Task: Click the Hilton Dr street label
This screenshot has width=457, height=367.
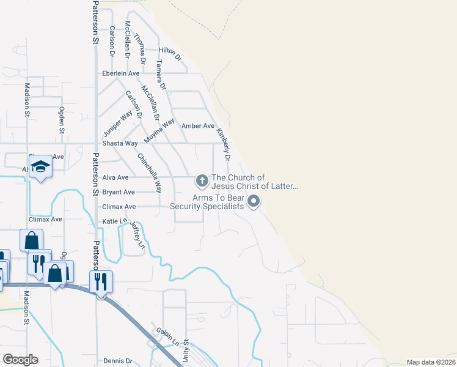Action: (x=170, y=53)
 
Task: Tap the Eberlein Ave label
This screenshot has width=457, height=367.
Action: (x=121, y=73)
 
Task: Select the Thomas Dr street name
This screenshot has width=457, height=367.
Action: (x=140, y=46)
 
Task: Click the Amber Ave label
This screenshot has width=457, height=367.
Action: (x=198, y=126)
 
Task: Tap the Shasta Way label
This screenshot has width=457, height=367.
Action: (x=120, y=143)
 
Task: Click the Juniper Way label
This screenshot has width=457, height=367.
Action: (x=118, y=125)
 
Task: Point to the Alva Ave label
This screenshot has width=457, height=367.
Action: (x=115, y=177)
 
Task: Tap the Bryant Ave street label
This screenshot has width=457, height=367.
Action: (x=119, y=192)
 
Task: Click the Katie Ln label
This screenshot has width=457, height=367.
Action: (x=114, y=221)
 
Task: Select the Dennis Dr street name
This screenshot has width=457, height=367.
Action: (x=118, y=361)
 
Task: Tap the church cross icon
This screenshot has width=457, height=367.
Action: (x=202, y=180)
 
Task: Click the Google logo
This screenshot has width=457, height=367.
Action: (x=20, y=360)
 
